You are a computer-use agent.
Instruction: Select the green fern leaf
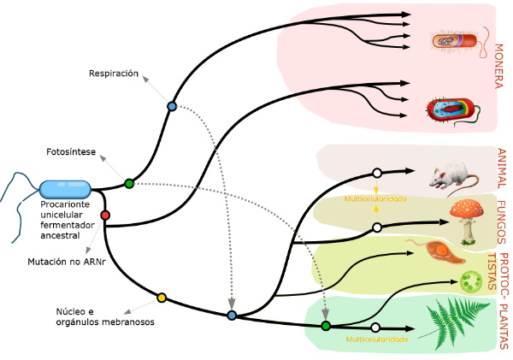point(451,324)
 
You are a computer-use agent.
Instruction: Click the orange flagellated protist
point(441,251)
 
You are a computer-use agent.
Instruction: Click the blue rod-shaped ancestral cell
point(65,189)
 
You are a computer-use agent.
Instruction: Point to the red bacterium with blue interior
point(449,110)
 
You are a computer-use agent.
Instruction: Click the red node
point(105,215)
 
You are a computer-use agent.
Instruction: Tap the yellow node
point(162,298)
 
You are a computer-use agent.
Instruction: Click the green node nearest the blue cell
point(129,184)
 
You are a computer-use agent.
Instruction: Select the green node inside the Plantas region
point(326,326)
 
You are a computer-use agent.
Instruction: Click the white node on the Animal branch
point(377,173)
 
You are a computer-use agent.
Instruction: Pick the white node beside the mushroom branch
point(377,227)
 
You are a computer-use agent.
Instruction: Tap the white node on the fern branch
point(375,328)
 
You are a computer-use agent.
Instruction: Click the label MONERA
point(498,67)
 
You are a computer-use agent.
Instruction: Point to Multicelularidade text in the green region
point(376,339)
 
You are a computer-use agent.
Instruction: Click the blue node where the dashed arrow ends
point(232,316)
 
